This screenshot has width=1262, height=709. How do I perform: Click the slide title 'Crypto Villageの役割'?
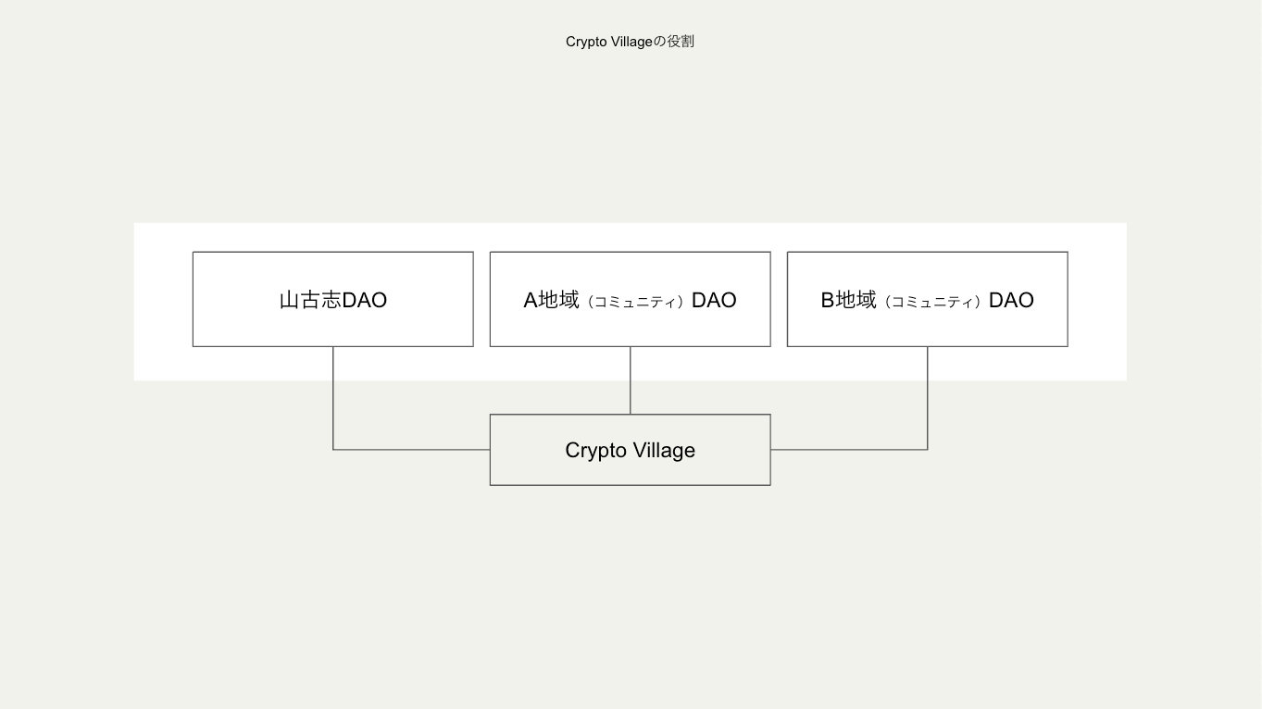tap(630, 42)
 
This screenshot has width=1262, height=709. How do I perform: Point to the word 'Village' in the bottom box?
tap(664, 451)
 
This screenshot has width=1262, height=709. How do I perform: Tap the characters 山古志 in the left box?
tap(310, 300)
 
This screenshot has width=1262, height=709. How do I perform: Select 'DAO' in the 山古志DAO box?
tap(365, 300)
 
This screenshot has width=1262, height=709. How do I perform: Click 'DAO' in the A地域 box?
tap(714, 300)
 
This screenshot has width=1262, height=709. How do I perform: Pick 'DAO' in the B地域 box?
tap(1011, 300)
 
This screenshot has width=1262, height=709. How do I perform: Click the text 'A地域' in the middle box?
tap(551, 300)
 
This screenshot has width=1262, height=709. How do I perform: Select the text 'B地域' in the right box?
tap(848, 300)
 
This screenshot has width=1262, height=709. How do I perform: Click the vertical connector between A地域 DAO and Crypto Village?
tap(631, 380)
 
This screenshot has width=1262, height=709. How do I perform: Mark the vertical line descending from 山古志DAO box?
tap(333, 398)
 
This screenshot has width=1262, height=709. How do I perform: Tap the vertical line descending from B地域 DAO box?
tap(927, 398)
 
